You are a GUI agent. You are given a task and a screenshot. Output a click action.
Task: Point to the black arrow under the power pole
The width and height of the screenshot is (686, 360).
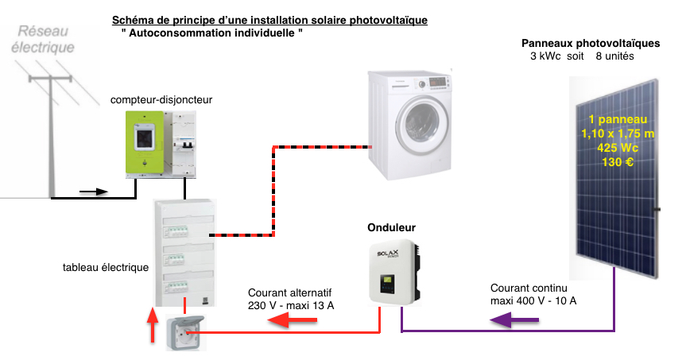tap(95, 192)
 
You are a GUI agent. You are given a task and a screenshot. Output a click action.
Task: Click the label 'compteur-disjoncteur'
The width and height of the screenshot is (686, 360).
tap(161, 100)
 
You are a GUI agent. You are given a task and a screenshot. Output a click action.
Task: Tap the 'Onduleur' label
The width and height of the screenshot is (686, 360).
tap(391, 228)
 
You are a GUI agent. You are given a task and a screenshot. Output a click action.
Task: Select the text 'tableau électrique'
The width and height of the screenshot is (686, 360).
tap(106, 268)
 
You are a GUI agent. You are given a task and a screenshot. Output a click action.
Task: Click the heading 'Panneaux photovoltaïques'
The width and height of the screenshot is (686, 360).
tap(590, 44)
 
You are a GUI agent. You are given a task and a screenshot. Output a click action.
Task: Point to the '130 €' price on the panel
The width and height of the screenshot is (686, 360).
tap(618, 162)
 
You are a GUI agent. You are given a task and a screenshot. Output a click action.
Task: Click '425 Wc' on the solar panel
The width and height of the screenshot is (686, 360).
tap(618, 148)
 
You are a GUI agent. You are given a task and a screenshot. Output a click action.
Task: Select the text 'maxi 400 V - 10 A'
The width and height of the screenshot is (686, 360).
tap(533, 300)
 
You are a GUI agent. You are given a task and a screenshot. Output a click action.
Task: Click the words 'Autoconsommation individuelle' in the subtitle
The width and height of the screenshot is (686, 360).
tap(212, 33)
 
